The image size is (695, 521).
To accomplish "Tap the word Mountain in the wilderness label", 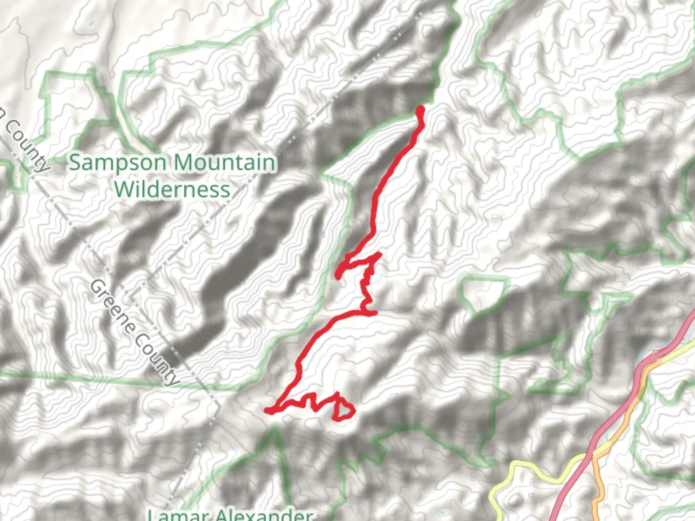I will pos(225,163).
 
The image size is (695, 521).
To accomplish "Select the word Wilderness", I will pos(172,189).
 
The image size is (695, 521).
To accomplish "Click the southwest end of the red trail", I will pos(266,411).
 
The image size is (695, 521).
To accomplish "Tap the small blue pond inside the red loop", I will pos(346,411).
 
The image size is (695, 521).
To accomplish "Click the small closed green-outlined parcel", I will pos(483,292).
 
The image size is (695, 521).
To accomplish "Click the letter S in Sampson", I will pos(75,163).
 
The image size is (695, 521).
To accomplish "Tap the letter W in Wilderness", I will pos(125,189).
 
